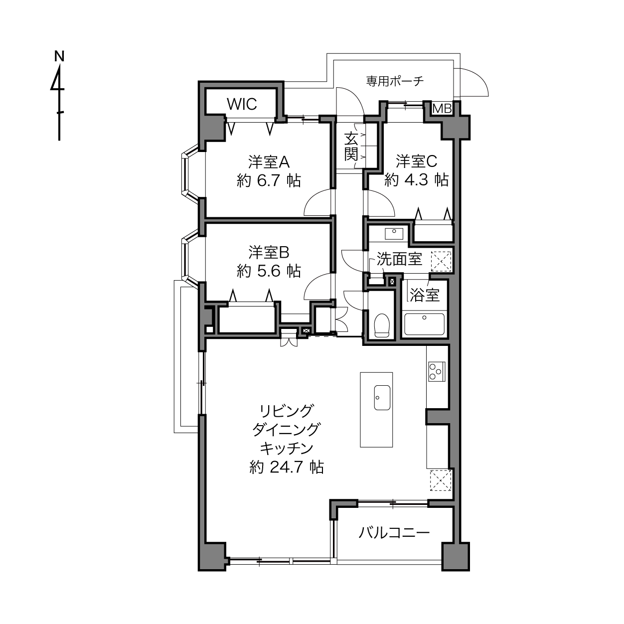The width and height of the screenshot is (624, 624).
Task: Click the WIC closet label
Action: point(242,104)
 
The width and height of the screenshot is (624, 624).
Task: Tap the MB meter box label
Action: point(442,109)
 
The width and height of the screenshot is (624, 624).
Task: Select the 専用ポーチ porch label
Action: point(395,81)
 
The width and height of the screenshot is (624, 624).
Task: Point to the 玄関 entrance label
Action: point(351,147)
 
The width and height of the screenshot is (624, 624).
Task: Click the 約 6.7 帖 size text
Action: point(269,181)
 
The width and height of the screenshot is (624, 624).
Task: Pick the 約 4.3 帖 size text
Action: point(417,179)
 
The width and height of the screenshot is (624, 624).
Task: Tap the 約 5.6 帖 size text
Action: point(269,271)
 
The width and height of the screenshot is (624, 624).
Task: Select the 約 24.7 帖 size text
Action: point(287,468)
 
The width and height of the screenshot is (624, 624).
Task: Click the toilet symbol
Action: point(381,325)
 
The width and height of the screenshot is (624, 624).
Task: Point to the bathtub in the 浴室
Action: point(424,324)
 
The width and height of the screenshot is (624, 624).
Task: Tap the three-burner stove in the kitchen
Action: point(437,371)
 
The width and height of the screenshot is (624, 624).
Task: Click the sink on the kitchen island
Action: point(382,397)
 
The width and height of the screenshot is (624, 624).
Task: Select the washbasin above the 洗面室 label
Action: point(394,233)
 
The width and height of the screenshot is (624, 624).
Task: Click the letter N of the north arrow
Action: point(59,56)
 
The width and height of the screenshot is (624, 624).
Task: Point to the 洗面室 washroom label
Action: point(399,259)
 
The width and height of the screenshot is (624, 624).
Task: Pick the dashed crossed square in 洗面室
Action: point(441,261)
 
